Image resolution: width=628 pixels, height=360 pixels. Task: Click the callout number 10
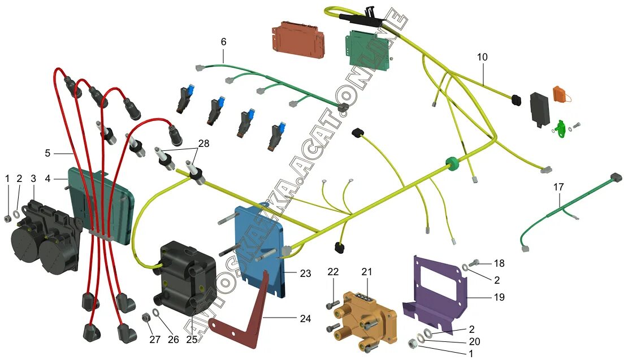(x=482, y=57)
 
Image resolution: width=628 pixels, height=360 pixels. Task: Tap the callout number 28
(x=203, y=144)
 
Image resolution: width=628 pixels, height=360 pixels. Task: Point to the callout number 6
(x=223, y=42)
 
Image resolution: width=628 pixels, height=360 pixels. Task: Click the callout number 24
(x=305, y=319)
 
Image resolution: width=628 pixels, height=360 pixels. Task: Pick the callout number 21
(x=367, y=272)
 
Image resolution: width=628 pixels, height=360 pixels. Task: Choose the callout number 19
(x=499, y=297)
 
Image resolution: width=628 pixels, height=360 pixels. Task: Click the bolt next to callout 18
(x=475, y=262)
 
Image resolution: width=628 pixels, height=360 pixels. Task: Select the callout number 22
(x=333, y=272)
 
